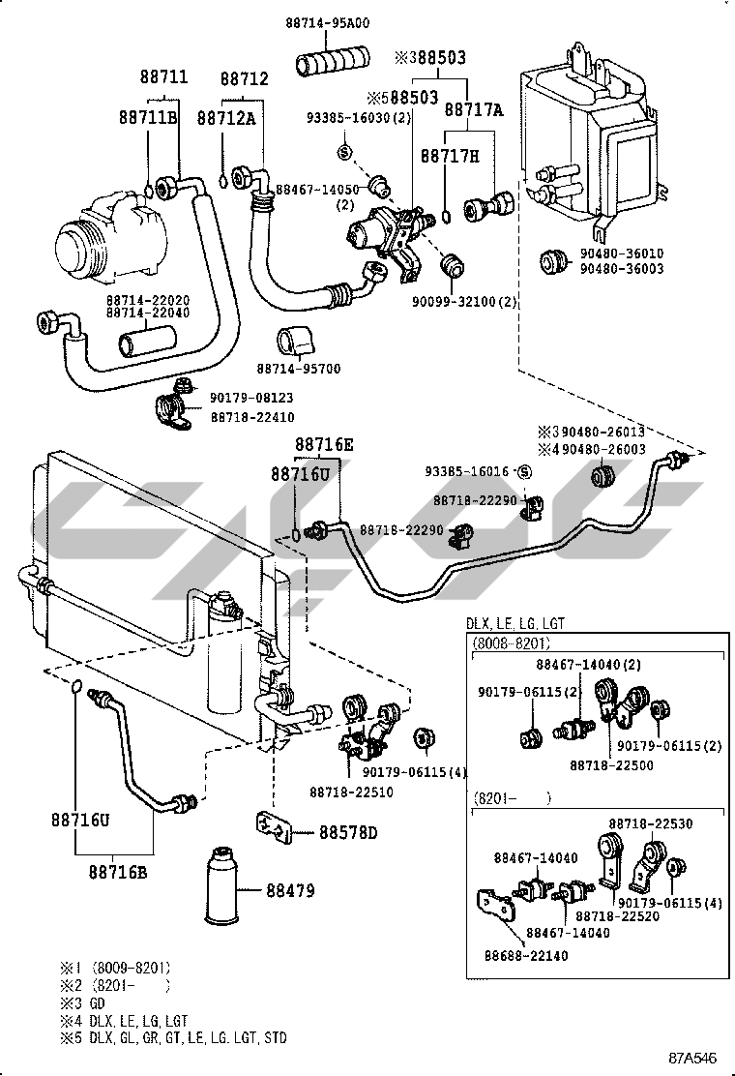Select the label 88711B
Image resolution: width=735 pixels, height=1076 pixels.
(x=148, y=117)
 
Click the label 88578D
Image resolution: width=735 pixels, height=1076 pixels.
(x=348, y=833)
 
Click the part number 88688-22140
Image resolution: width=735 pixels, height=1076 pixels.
(x=525, y=955)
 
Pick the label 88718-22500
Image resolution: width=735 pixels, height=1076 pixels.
(x=610, y=764)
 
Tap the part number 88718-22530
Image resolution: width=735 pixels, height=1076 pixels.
(x=650, y=823)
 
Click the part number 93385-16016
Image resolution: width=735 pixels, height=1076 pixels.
(x=468, y=471)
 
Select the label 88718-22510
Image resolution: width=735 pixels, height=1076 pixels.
(x=351, y=792)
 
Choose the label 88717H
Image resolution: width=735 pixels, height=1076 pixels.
(x=450, y=155)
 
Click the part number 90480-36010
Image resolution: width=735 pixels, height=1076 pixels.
(x=622, y=254)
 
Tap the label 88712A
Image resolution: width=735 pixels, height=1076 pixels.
(x=226, y=117)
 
